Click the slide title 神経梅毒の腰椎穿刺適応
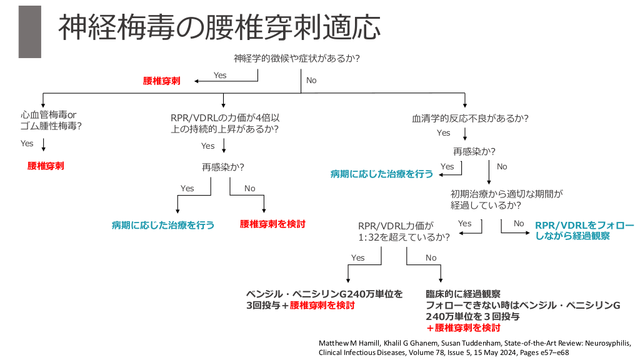(219, 29)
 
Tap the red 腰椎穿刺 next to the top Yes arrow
(162, 81)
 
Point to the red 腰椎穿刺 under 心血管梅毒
(46, 166)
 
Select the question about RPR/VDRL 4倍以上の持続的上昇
(224, 123)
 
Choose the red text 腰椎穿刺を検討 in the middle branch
(272, 224)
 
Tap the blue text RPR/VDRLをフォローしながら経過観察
(584, 230)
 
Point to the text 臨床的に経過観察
(462, 294)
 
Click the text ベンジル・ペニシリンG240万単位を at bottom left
(324, 294)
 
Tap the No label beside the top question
(311, 81)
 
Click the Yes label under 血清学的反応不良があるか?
(444, 132)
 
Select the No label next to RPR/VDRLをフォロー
(519, 224)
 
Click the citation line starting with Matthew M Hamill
(475, 343)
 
